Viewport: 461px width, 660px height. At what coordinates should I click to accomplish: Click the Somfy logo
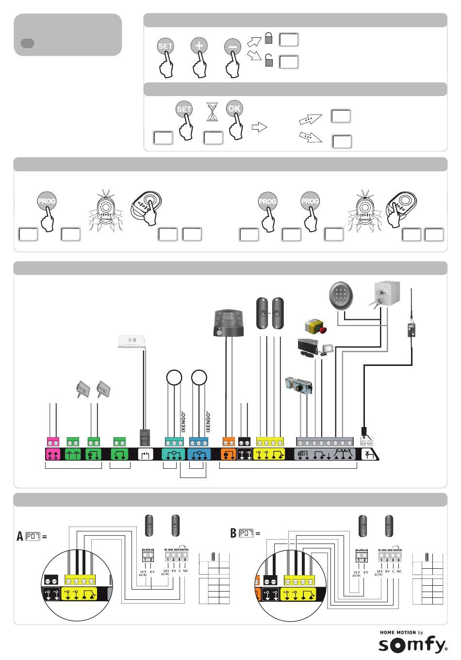(x=412, y=645)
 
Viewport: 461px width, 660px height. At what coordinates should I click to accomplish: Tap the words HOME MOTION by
(x=401, y=632)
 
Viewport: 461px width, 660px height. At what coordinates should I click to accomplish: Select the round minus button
(x=232, y=47)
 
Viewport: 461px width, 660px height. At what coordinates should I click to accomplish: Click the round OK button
(x=234, y=109)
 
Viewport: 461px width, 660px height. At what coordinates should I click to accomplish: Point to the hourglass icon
(x=212, y=112)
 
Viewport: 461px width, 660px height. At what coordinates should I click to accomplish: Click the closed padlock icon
(x=268, y=38)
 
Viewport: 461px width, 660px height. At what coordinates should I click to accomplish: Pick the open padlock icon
(x=268, y=60)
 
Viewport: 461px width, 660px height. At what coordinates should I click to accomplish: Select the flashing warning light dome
(x=229, y=323)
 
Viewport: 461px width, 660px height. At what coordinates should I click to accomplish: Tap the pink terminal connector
(x=53, y=442)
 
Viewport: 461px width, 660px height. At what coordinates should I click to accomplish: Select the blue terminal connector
(x=199, y=442)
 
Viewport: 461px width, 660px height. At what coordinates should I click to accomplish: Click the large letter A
(x=20, y=536)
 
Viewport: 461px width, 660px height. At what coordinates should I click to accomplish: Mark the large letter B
(x=233, y=533)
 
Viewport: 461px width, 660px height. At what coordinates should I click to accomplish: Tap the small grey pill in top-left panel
(x=27, y=43)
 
